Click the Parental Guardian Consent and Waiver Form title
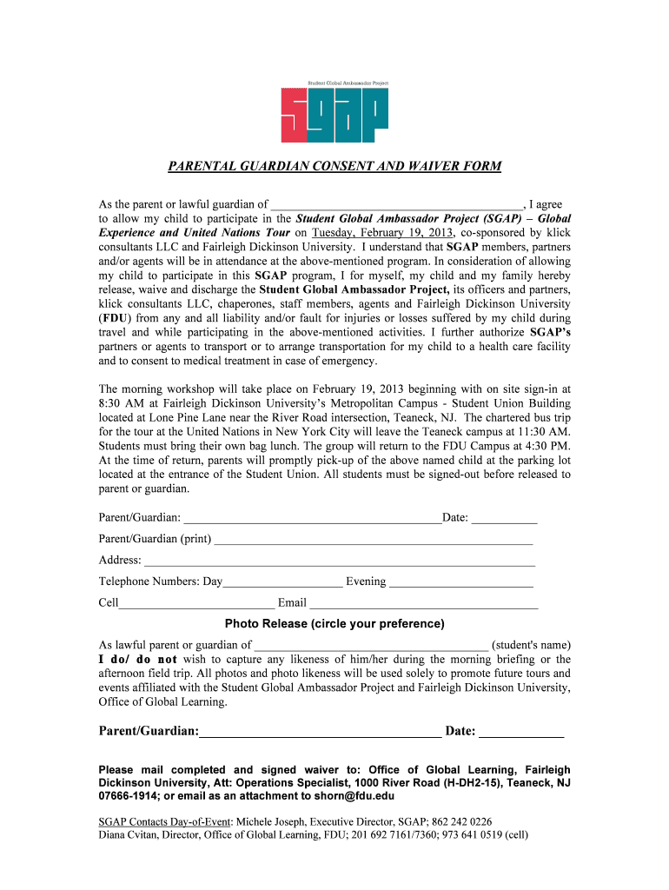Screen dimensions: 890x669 (x=334, y=166)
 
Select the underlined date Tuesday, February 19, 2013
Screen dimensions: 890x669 (x=383, y=233)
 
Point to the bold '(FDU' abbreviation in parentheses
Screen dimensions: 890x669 (x=109, y=318)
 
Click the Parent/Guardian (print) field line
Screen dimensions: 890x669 (x=373, y=539)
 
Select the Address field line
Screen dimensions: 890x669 (x=339, y=561)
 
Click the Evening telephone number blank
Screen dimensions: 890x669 (x=460, y=581)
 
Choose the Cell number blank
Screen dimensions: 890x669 (x=197, y=602)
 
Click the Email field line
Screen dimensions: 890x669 (x=424, y=602)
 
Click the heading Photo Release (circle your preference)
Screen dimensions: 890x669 (x=334, y=624)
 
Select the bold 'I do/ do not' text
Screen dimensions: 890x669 (x=138, y=660)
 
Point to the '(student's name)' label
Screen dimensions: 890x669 (x=531, y=645)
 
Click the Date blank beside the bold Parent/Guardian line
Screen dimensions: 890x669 (x=521, y=732)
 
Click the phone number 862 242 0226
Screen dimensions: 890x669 (x=461, y=821)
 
